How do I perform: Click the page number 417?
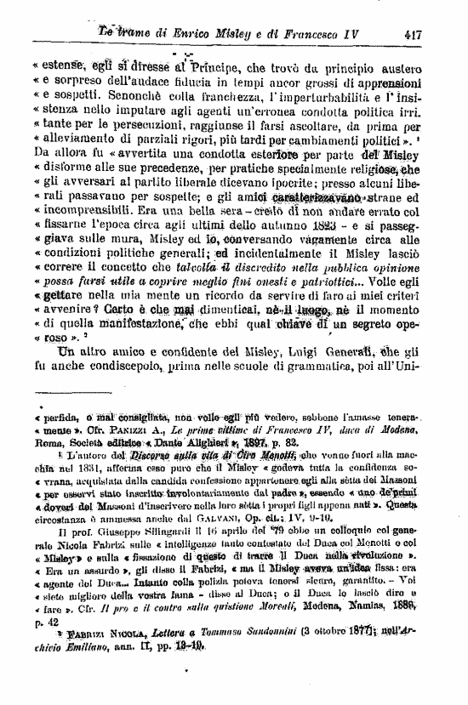click(x=414, y=35)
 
